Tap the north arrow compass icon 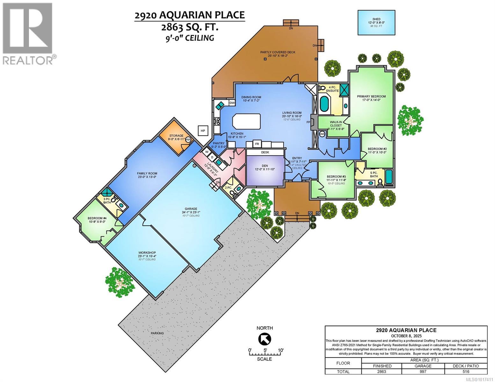coord(265,339)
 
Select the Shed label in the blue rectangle coord(376,19)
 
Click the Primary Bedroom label coord(371,96)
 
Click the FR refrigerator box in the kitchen coord(257,144)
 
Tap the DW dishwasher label coord(232,103)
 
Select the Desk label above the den coord(265,152)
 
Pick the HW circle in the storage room coord(188,139)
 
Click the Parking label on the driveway coord(157,333)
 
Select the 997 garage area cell coord(423,371)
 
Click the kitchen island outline coord(246,121)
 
